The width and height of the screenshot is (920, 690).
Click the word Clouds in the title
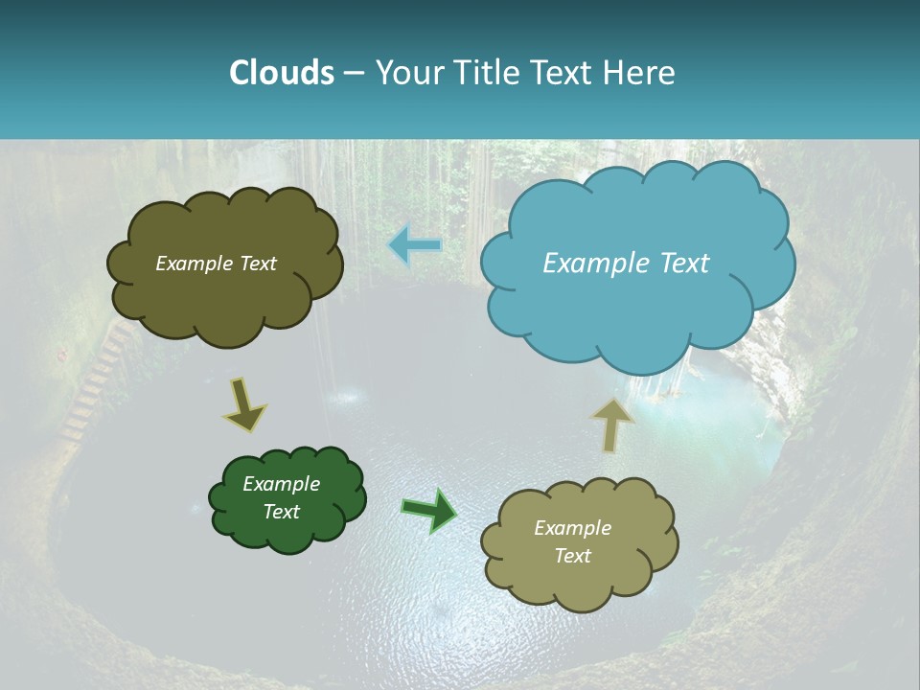281,73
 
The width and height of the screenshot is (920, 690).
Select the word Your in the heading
409,73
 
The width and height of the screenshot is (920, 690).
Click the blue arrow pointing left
415,245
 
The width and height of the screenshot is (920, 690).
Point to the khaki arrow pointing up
612,425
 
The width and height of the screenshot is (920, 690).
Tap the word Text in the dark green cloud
281,512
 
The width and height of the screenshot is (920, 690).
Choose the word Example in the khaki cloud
572,528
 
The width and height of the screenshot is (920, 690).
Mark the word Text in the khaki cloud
572,556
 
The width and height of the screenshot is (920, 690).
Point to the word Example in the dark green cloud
281,484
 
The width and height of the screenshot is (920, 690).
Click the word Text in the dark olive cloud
258,264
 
